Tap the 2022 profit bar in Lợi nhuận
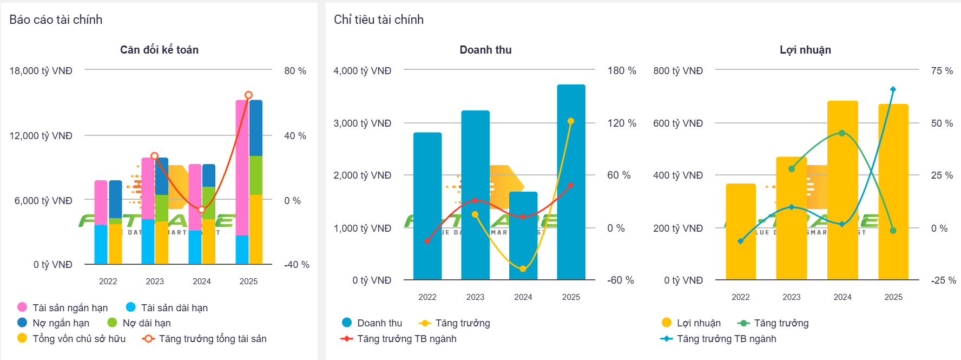click(x=740, y=233)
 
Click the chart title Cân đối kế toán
click(x=159, y=50)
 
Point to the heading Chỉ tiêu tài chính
click(x=379, y=19)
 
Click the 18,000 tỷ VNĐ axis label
click(x=41, y=71)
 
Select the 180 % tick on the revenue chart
click(x=622, y=71)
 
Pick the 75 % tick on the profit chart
click(x=942, y=71)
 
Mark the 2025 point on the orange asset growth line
click(x=248, y=95)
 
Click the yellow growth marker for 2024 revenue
click(x=523, y=269)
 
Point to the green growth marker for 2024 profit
click(x=842, y=133)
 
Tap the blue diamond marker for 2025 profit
click(x=893, y=89)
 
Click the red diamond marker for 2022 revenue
click(x=427, y=241)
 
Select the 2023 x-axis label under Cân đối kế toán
click(x=155, y=281)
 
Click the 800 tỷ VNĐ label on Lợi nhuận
click(x=678, y=71)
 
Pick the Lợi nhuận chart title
click(x=805, y=50)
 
